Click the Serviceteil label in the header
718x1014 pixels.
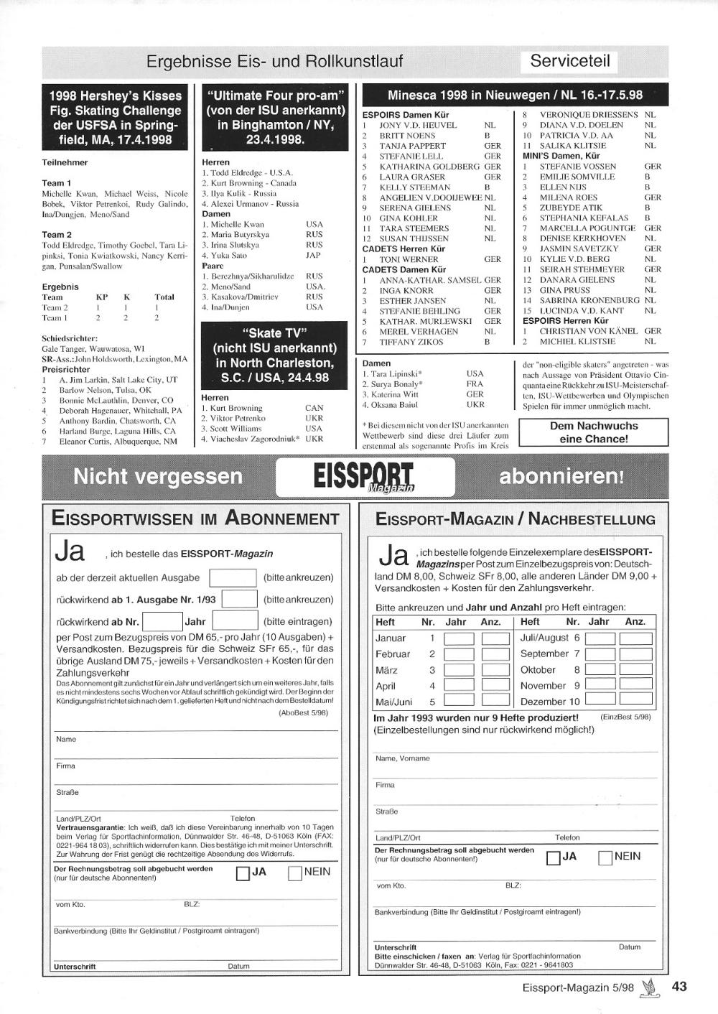(x=570, y=61)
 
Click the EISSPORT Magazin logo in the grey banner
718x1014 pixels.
(x=364, y=477)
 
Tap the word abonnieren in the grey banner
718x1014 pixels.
(x=561, y=476)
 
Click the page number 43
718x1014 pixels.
(x=679, y=986)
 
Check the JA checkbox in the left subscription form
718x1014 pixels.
(x=243, y=873)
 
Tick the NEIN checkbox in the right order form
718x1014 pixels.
(x=605, y=857)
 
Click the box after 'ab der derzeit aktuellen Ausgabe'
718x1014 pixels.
(x=232, y=577)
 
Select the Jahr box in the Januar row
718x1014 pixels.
(x=459, y=638)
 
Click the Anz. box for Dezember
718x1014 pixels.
(x=635, y=698)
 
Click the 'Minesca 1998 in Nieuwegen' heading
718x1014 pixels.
(x=515, y=95)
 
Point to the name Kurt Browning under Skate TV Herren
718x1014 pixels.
(x=236, y=408)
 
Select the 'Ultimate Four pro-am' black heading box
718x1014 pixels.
(x=276, y=116)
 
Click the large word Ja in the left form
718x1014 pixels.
(x=70, y=552)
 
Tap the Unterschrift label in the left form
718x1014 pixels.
(x=75, y=967)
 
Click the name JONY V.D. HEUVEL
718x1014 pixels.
(x=418, y=125)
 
